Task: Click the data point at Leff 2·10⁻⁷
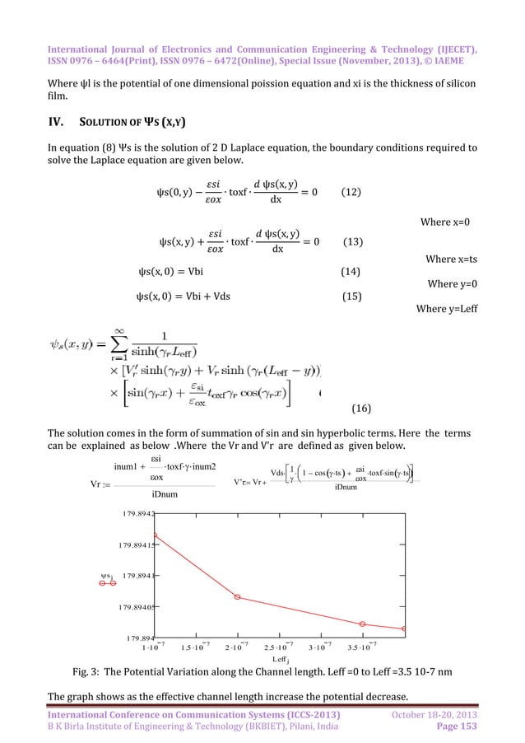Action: click(237, 596)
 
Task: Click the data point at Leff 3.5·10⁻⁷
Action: click(362, 624)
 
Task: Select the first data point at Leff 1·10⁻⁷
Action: click(155, 535)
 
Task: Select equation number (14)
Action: click(354, 270)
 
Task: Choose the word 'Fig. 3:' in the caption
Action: click(90, 671)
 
